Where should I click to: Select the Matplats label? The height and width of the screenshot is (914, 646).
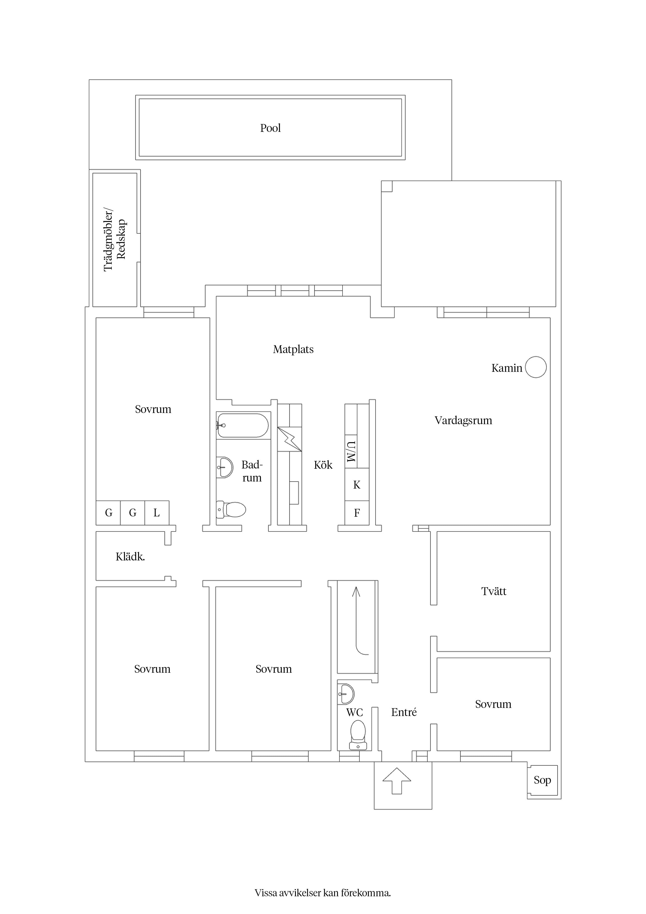tap(293, 349)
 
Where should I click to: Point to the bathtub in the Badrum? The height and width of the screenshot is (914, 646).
tap(243, 425)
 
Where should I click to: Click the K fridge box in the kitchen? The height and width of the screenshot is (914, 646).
tap(357, 484)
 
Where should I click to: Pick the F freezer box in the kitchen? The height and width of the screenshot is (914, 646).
tap(357, 513)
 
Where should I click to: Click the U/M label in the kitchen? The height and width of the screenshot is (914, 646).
tap(351, 452)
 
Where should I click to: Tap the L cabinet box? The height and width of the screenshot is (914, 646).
tap(157, 513)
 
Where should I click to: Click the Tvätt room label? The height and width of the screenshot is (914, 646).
tap(494, 591)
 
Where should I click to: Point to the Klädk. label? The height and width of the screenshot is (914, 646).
tap(130, 557)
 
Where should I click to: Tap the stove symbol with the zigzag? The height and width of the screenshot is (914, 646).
tap(289, 439)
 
